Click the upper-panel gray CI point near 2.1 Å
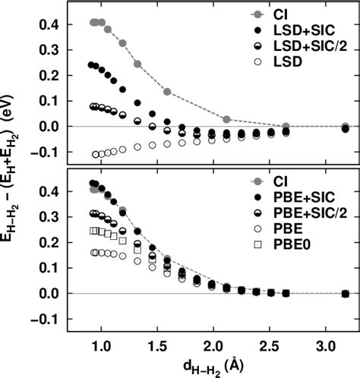tap(226, 119)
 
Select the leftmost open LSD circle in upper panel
tap(96, 154)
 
